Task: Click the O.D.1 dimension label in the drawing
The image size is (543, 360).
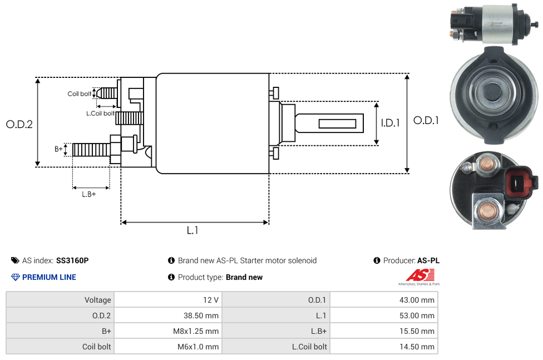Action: (426, 120)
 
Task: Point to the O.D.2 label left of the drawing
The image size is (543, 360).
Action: (19, 125)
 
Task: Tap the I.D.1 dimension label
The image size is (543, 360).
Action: (390, 123)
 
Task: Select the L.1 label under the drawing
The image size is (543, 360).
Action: (192, 230)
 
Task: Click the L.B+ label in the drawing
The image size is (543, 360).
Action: (89, 194)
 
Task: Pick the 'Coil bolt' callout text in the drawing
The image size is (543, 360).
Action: (80, 93)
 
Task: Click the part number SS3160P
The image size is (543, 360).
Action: (72, 260)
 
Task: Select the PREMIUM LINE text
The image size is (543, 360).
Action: (49, 277)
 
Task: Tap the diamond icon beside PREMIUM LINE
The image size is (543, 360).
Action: (15, 277)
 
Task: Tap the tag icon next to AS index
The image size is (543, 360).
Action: (15, 260)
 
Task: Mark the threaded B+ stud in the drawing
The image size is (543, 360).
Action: (92, 150)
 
